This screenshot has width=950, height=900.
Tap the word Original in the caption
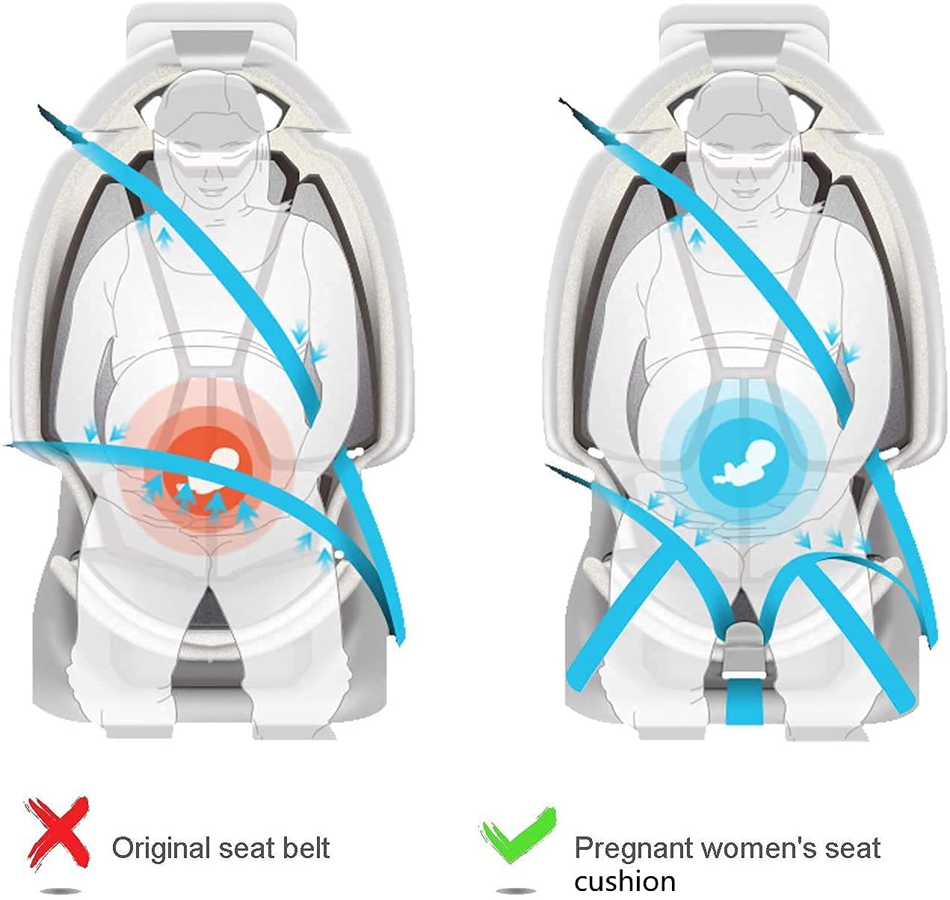point(162,848)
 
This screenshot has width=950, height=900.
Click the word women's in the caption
point(759,848)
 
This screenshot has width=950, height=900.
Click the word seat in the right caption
point(852,848)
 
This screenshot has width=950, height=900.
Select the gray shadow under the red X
point(59,890)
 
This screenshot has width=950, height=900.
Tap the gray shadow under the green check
point(516,890)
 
